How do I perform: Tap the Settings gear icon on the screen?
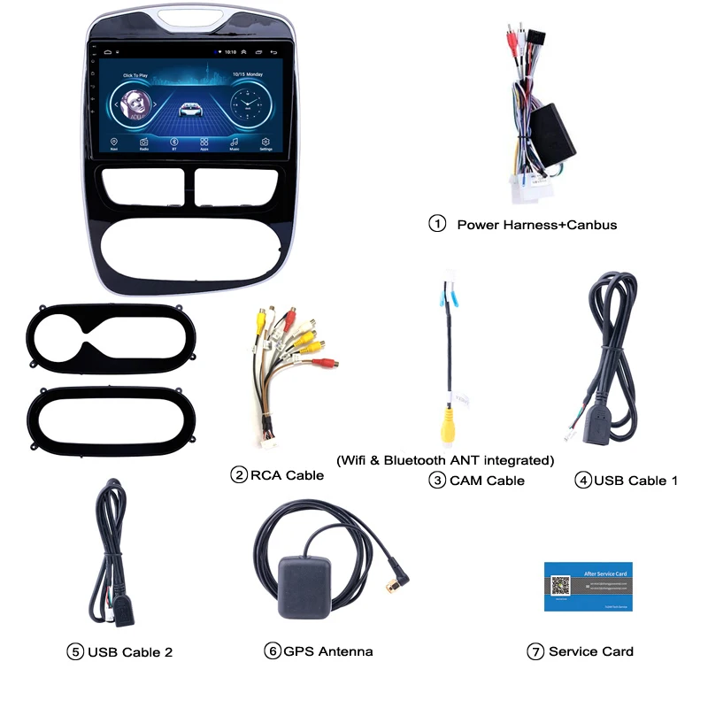pyautogui.click(x=265, y=141)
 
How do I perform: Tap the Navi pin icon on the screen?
pyautogui.click(x=114, y=141)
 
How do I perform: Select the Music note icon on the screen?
pyautogui.click(x=235, y=141)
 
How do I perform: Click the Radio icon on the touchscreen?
pyautogui.click(x=143, y=141)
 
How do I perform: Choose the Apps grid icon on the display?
pyautogui.click(x=204, y=141)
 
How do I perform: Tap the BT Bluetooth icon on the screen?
pyautogui.click(x=173, y=141)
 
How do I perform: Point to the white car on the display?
pyautogui.click(x=189, y=108)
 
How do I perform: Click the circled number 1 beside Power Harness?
pyautogui.click(x=437, y=224)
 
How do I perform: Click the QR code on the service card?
pyautogui.click(x=559, y=586)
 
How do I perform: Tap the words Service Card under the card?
pyautogui.click(x=590, y=651)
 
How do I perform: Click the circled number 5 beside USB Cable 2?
pyautogui.click(x=75, y=652)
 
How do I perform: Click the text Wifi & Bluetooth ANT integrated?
pyautogui.click(x=445, y=460)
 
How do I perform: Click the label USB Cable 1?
pyautogui.click(x=635, y=481)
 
